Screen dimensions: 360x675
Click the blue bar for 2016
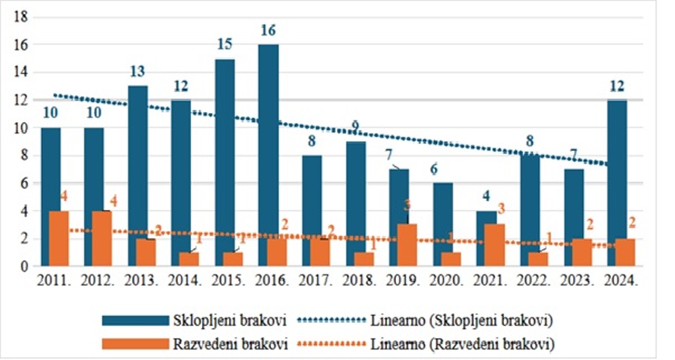click(x=268, y=155)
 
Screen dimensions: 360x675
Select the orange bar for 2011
click(x=58, y=238)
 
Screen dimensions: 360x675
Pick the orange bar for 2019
click(x=407, y=245)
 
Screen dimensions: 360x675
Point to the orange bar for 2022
click(x=537, y=259)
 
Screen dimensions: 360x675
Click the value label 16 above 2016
click(x=268, y=31)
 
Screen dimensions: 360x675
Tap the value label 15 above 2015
click(x=225, y=44)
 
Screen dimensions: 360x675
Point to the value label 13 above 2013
click(x=138, y=72)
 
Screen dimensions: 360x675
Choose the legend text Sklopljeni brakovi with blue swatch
click(x=230, y=320)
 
